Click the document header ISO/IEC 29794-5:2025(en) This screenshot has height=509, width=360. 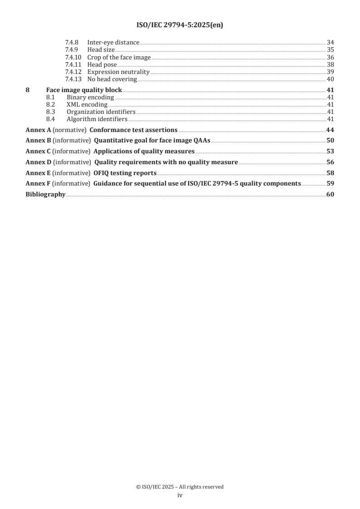point(180,25)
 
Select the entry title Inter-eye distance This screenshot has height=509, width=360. point(113,43)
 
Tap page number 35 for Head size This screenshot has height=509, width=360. point(330,49)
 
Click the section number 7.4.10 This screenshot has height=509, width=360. point(73,57)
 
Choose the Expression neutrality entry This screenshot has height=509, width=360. point(118,72)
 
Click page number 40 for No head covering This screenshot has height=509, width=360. point(330,79)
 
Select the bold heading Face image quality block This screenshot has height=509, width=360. point(84,90)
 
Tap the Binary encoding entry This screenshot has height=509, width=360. point(90,98)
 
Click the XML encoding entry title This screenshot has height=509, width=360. point(87,105)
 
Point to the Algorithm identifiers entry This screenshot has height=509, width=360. point(97,119)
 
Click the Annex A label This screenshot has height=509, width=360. point(38,130)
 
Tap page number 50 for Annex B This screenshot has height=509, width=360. point(330,141)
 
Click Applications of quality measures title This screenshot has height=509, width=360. point(144,151)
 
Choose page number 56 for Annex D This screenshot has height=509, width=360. point(330,162)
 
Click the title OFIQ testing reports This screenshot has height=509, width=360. point(125,173)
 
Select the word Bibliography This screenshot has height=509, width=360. point(45,184)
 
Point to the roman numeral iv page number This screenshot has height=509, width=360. point(180,496)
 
